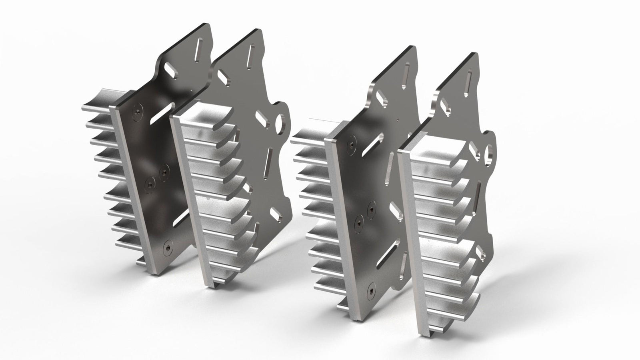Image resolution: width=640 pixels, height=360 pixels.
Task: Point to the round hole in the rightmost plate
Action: coord(489,152)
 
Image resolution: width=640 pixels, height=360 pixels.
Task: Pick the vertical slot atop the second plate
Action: coord(251,54)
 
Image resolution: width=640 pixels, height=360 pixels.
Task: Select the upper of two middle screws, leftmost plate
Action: coord(162,172)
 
